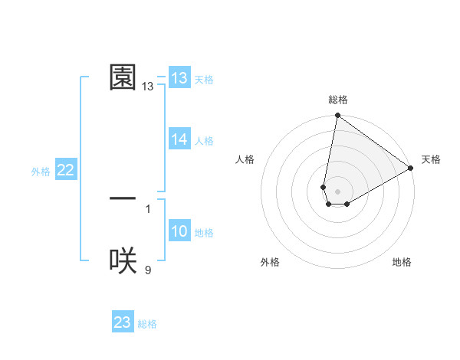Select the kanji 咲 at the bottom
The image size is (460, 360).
123,261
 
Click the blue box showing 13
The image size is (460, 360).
179,78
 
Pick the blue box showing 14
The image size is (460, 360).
179,139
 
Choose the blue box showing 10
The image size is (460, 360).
179,232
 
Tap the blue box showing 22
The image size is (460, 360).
66,171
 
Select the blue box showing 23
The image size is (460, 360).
123,322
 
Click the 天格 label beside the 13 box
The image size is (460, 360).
204,80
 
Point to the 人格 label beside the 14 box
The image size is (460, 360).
204,141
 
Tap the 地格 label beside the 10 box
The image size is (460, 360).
204,233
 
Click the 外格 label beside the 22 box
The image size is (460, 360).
41,172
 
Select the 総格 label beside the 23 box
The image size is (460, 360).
147,324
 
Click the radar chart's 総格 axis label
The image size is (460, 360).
338,100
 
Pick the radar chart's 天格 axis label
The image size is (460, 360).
432,159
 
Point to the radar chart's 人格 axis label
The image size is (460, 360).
245,159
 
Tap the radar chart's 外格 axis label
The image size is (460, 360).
270,262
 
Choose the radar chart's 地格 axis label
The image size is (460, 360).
402,262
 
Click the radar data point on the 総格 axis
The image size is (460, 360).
337,116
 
